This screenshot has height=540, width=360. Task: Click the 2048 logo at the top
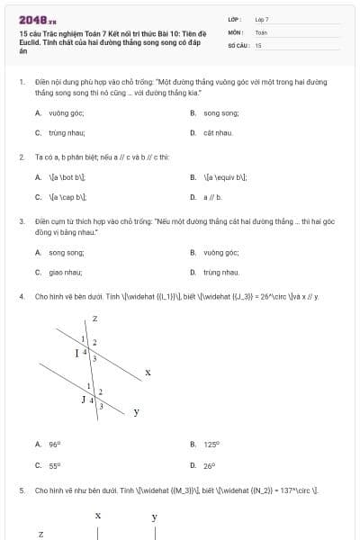(37, 20)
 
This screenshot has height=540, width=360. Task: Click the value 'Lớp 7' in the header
(262, 19)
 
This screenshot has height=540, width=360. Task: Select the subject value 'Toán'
(261, 31)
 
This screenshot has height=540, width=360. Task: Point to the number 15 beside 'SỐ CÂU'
(258, 44)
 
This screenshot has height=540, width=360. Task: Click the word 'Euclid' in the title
(30, 44)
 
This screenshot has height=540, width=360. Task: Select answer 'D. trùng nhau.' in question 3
(215, 272)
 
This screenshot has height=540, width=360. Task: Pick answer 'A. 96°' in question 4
(48, 444)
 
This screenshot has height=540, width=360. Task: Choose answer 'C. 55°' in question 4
(48, 465)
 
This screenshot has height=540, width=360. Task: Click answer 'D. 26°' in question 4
(204, 465)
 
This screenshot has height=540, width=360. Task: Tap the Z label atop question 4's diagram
(94, 319)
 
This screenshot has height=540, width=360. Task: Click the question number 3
(21, 220)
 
